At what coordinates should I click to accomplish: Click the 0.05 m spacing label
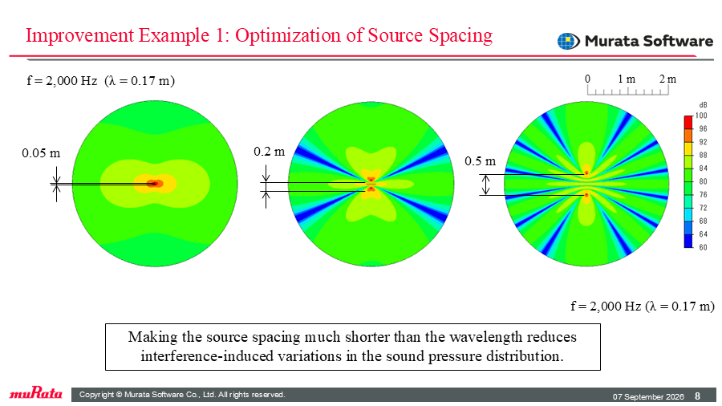(x=41, y=152)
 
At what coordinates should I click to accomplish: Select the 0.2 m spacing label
(x=270, y=152)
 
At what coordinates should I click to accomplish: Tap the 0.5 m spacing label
(x=481, y=161)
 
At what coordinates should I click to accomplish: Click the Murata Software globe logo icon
(x=568, y=42)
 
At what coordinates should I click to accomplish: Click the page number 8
(x=698, y=396)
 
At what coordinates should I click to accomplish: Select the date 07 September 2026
(x=648, y=397)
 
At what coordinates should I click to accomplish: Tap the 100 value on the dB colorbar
(x=701, y=116)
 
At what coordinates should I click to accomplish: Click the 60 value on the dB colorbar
(x=703, y=248)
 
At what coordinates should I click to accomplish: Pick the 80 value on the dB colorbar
(x=703, y=182)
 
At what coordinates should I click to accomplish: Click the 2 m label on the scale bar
(x=667, y=79)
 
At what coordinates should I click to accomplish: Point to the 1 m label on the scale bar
(x=627, y=79)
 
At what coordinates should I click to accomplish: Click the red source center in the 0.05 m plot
(x=155, y=184)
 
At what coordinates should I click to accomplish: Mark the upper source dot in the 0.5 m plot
(x=586, y=173)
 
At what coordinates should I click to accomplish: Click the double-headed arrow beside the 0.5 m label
(x=486, y=185)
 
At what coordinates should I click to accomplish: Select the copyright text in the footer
(x=182, y=395)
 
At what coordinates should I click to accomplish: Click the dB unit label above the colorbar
(x=703, y=105)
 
